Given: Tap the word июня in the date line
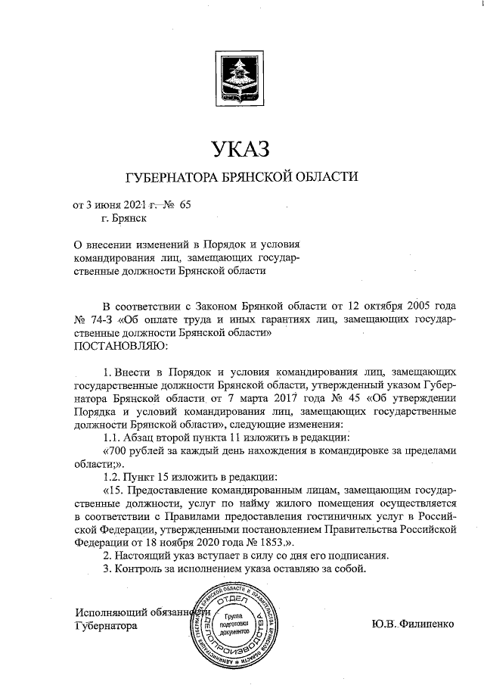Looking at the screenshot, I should [110, 204].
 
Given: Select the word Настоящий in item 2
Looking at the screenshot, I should [143, 556].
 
